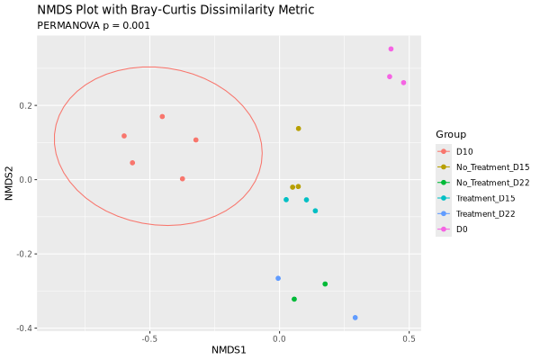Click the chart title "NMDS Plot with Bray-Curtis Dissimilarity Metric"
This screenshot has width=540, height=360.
coord(175,10)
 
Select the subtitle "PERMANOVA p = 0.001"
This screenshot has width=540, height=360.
coord(94,26)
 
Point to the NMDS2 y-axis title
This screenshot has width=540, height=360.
coord(9,180)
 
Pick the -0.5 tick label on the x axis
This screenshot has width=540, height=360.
coord(149,339)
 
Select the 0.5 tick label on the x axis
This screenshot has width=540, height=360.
coord(409,339)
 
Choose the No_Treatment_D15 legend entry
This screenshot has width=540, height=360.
coord(492,166)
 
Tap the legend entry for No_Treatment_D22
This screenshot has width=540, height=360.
coord(492,183)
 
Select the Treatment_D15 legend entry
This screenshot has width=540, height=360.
coord(486,198)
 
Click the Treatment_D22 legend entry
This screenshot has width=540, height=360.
coord(486,213)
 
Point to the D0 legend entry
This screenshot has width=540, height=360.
coord(462,229)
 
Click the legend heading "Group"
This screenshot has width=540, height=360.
coord(451,134)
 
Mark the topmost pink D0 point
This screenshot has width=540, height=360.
coord(391,49)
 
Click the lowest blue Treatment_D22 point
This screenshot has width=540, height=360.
coord(355,318)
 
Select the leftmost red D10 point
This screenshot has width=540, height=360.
coord(124,136)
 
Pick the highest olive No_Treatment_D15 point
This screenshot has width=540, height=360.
coord(299,129)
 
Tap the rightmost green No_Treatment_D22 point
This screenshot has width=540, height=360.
coord(325,284)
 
